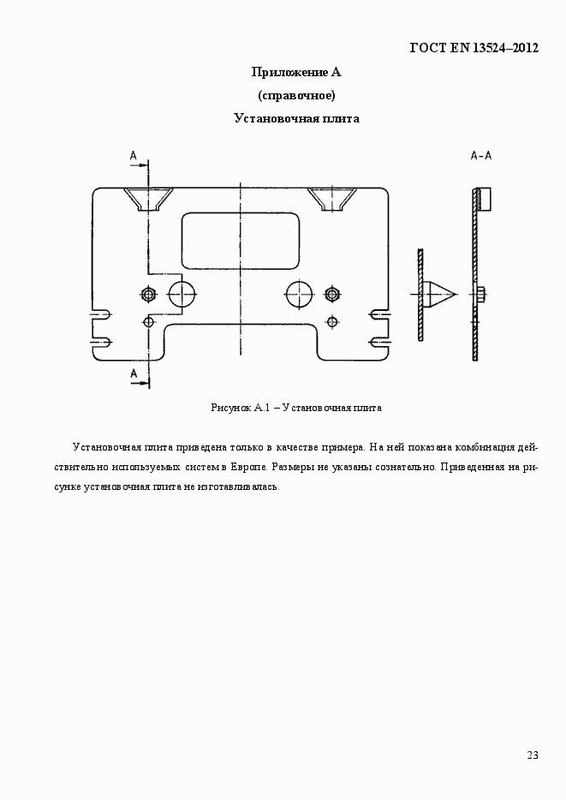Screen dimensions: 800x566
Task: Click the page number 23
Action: click(x=533, y=755)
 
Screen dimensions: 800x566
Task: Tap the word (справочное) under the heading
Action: click(x=296, y=95)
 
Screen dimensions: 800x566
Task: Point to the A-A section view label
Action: click(x=480, y=156)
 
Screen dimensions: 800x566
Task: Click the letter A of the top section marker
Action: click(x=134, y=155)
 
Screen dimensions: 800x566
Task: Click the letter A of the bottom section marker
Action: click(x=134, y=373)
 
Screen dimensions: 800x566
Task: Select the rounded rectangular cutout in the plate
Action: click(x=241, y=240)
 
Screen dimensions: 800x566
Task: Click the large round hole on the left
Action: click(x=182, y=294)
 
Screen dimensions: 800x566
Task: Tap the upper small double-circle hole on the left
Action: click(x=149, y=294)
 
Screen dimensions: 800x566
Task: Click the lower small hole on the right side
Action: click(x=332, y=321)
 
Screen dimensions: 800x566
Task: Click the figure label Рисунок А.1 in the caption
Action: click(x=241, y=409)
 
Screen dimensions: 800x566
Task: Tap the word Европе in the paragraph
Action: click(x=251, y=468)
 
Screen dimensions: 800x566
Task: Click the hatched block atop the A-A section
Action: click(x=482, y=199)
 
